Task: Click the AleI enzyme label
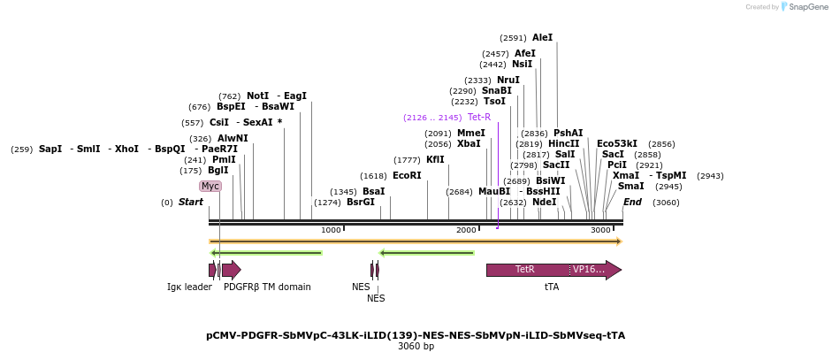[x=542, y=38]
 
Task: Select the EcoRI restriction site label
[x=407, y=176]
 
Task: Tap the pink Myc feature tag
[x=210, y=187]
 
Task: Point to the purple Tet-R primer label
[x=478, y=117]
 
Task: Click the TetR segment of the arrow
[x=525, y=270]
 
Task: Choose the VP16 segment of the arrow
[x=589, y=270]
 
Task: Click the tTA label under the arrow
[x=552, y=287]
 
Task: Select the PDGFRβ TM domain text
[x=267, y=287]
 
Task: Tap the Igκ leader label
[x=189, y=287]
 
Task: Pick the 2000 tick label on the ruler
[x=466, y=230]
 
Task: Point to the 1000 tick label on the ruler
[x=331, y=230]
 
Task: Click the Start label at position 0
[x=190, y=203]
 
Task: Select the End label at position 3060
[x=632, y=203]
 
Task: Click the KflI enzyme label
[x=435, y=160]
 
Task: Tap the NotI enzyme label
[x=257, y=96]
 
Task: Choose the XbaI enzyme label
[x=469, y=144]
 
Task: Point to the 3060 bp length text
[x=416, y=346]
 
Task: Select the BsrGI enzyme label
[x=360, y=203]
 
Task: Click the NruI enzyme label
[x=508, y=80]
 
